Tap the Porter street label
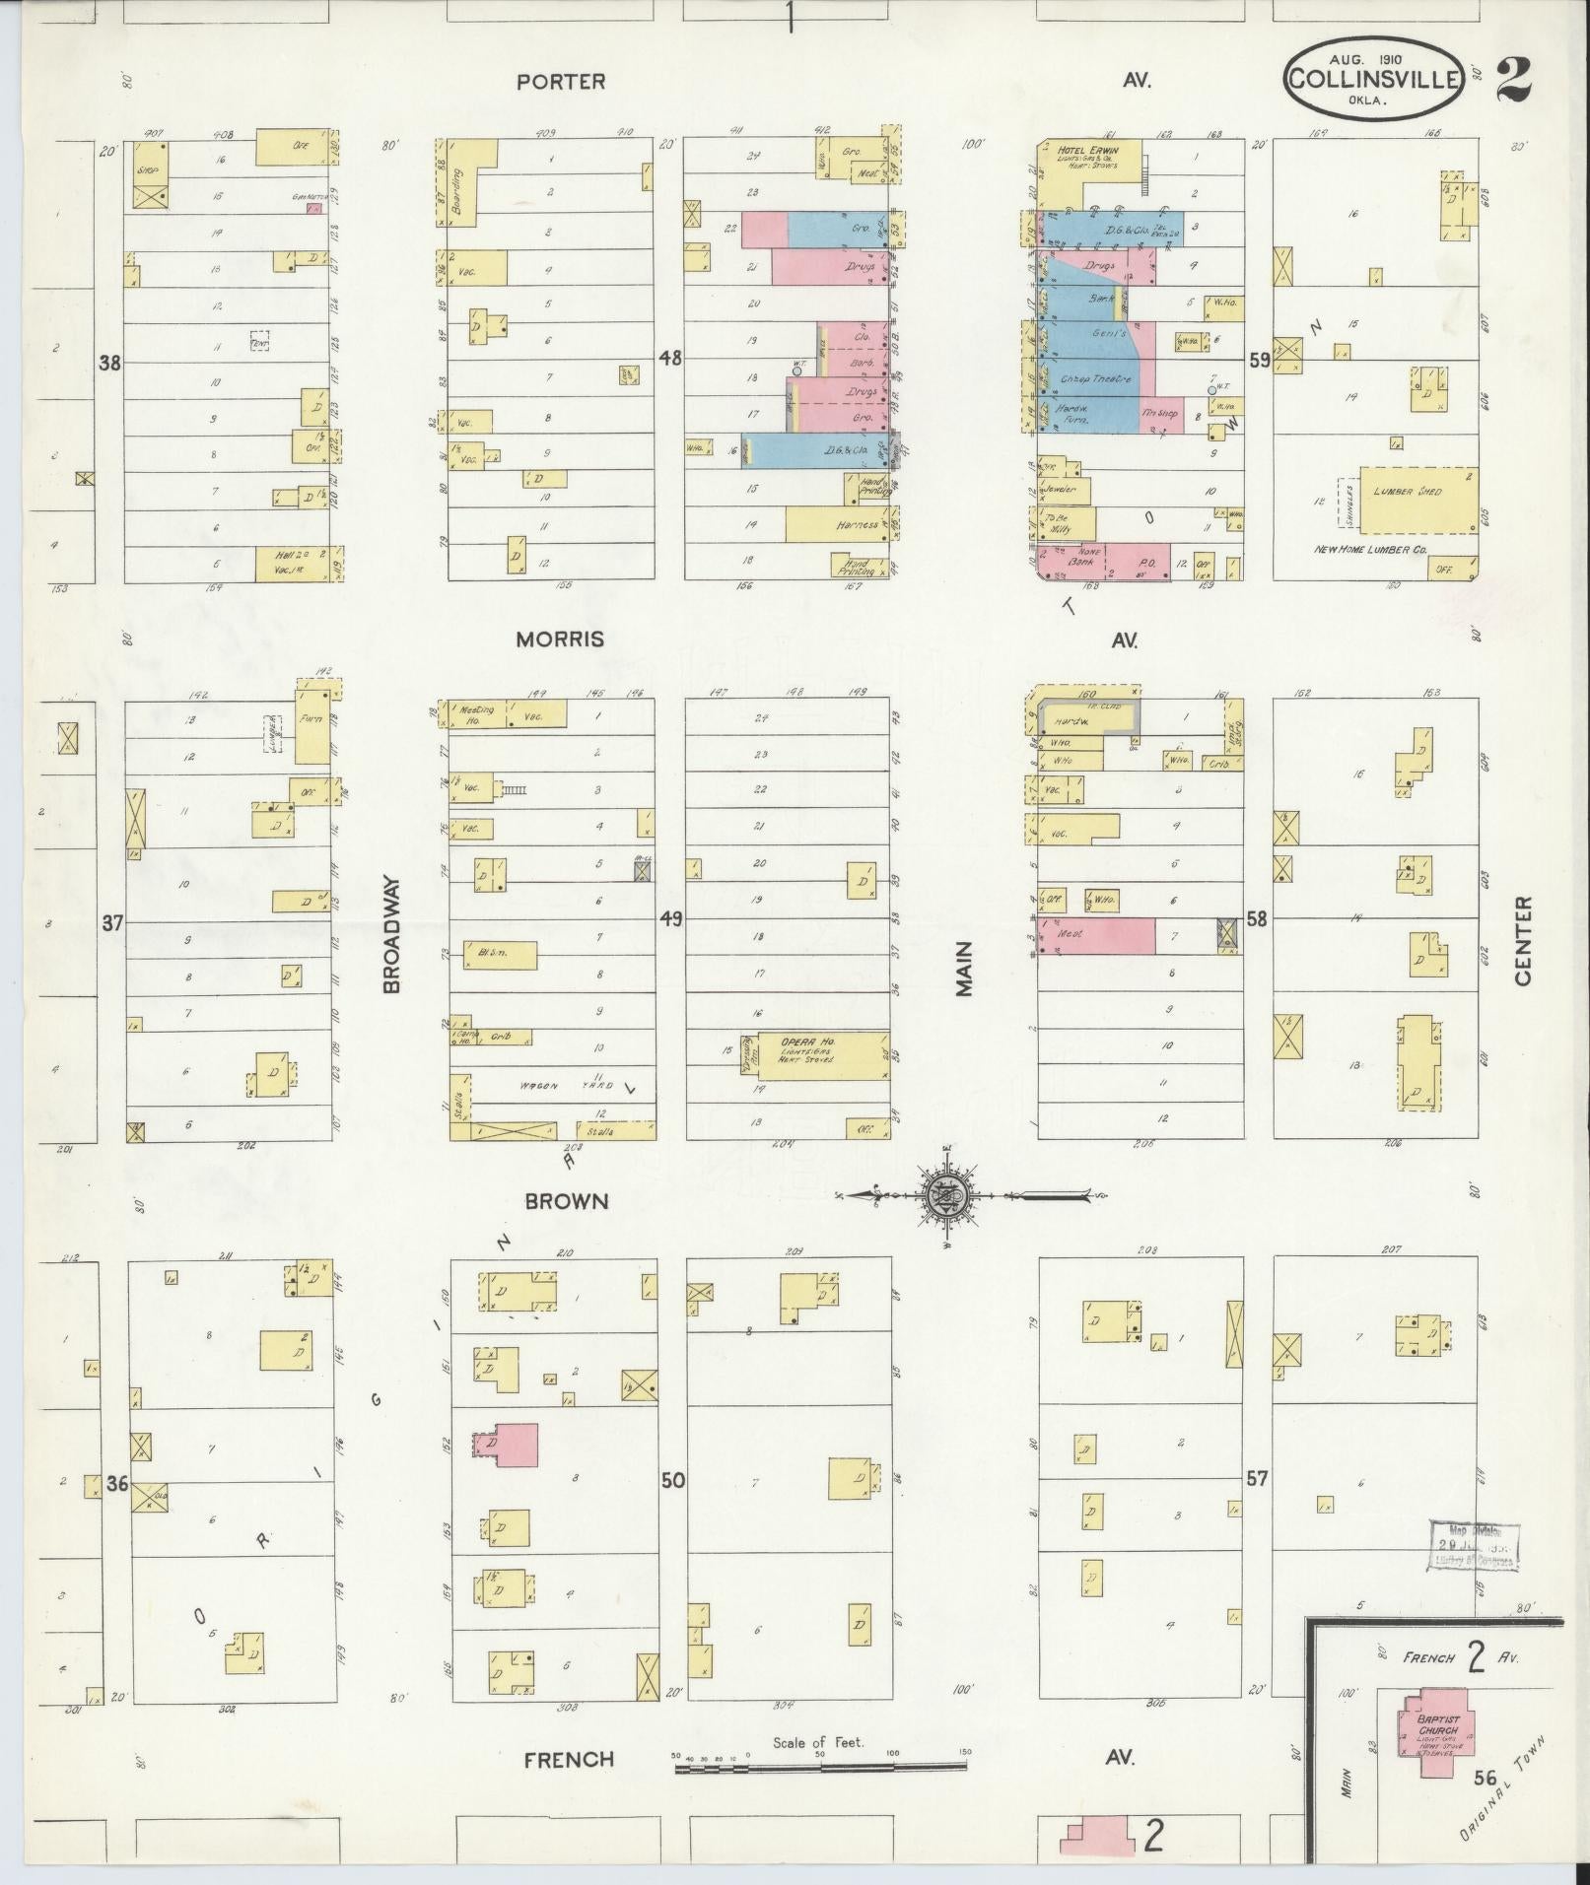[560, 82]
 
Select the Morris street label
[559, 640]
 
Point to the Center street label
[1524, 940]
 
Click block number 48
[670, 358]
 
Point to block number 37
[113, 923]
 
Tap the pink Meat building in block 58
[1095, 935]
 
